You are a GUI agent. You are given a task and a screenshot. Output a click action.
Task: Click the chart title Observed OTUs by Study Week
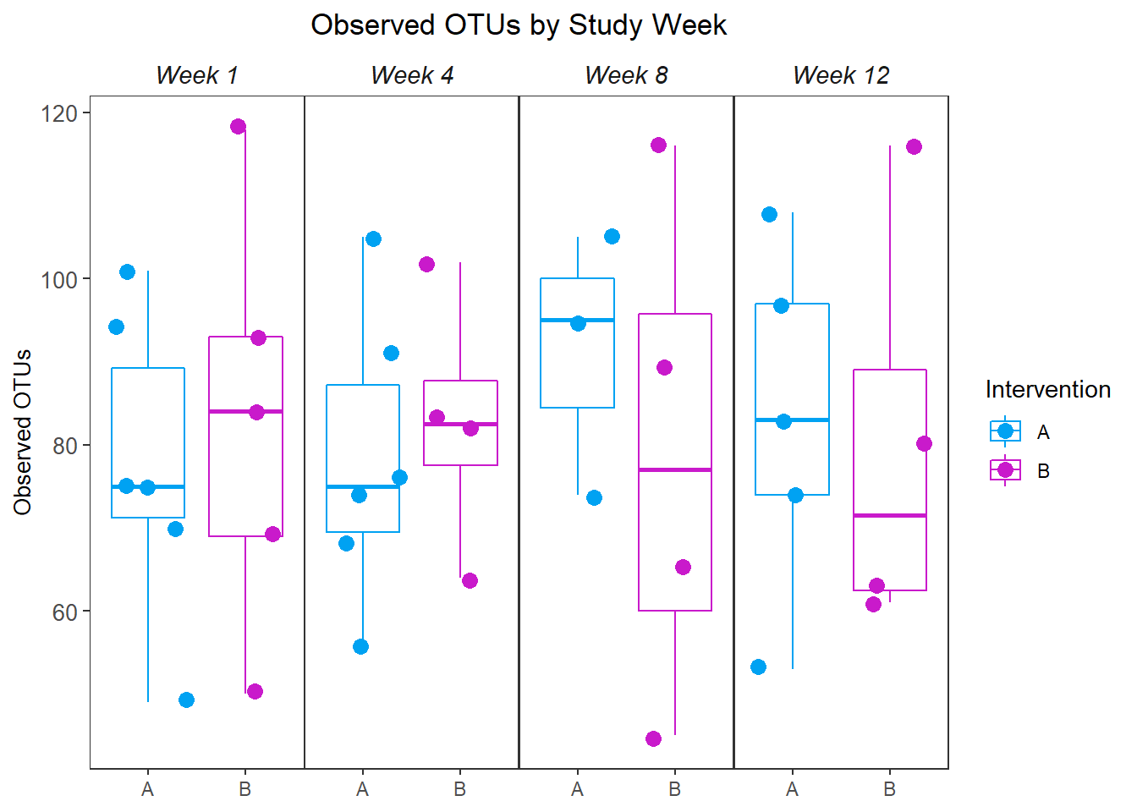tap(519, 25)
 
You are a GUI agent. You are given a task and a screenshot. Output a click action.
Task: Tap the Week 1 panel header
tap(197, 76)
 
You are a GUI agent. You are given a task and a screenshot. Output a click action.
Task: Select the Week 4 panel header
tap(412, 76)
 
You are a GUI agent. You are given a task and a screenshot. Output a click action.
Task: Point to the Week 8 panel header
tap(626, 76)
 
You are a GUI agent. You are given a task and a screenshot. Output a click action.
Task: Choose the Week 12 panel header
tap(841, 76)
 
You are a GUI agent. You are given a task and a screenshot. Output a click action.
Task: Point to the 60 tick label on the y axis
tap(64, 612)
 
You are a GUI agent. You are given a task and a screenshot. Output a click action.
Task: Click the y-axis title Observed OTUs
tap(23, 431)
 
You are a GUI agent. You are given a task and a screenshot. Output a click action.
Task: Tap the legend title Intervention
tap(1047, 390)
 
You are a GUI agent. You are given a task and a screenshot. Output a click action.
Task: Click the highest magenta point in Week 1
tap(238, 127)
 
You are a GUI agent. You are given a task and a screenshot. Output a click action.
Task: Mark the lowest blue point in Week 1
tap(186, 700)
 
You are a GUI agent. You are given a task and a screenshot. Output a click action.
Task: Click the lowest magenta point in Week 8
tap(653, 738)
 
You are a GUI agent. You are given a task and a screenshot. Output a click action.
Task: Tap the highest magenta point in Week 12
tap(914, 147)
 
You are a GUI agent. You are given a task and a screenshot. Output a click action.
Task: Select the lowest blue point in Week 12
tap(758, 667)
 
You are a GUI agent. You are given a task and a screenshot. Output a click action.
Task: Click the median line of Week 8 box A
tap(577, 320)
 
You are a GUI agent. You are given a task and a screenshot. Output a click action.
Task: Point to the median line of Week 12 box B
tap(890, 515)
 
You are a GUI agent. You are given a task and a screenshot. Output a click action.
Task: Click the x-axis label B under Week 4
tap(459, 790)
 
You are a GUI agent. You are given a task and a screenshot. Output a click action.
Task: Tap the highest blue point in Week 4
tap(373, 239)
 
